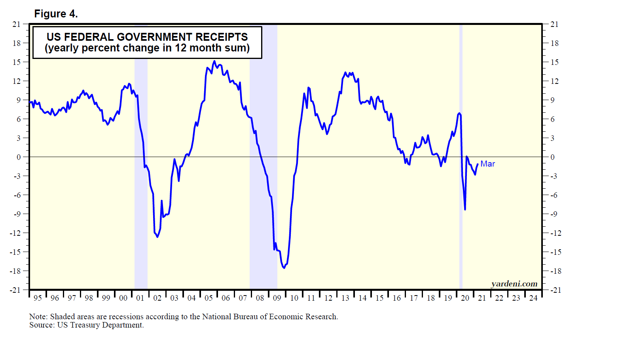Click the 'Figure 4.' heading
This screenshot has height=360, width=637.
56,14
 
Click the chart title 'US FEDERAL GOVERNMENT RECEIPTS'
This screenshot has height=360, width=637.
147,37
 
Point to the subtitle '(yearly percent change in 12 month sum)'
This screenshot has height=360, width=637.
147,48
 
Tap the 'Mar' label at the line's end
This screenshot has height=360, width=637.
487,164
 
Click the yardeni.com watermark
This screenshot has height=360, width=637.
514,284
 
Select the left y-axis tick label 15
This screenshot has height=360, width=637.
17,62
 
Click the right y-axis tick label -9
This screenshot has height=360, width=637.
554,214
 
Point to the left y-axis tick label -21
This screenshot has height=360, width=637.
15,290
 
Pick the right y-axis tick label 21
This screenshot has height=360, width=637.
555,24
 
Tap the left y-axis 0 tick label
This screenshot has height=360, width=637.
19,157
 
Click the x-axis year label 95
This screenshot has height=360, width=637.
38,298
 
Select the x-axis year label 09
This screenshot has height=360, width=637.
277,298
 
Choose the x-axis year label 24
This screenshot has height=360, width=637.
533,298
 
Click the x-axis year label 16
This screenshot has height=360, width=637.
397,298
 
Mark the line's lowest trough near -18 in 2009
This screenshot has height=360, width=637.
284,268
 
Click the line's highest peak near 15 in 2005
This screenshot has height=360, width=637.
214,61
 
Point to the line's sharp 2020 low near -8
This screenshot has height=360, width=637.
465,209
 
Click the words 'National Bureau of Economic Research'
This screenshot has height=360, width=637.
269,316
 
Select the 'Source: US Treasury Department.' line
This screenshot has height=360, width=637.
87,325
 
